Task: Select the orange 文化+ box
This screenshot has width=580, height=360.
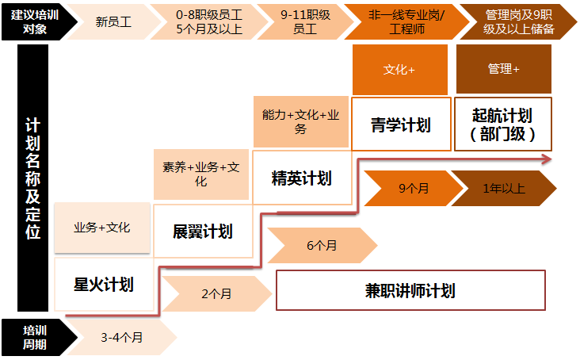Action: [x=399, y=70]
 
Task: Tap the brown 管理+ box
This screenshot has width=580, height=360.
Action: [x=504, y=70]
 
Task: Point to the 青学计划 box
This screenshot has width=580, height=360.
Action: [x=400, y=124]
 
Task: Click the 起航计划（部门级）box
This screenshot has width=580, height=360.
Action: [x=504, y=124]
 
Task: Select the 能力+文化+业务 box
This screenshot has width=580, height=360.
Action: [x=301, y=121]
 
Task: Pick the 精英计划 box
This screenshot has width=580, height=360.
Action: [x=301, y=178]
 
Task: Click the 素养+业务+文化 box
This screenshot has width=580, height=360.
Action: [x=201, y=174]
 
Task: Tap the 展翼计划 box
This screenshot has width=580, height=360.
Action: [x=202, y=232]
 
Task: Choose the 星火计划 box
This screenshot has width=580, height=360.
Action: [x=103, y=284]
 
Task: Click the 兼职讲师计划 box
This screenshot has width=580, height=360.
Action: [x=410, y=290]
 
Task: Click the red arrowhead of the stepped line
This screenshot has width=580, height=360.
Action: [x=547, y=159]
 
